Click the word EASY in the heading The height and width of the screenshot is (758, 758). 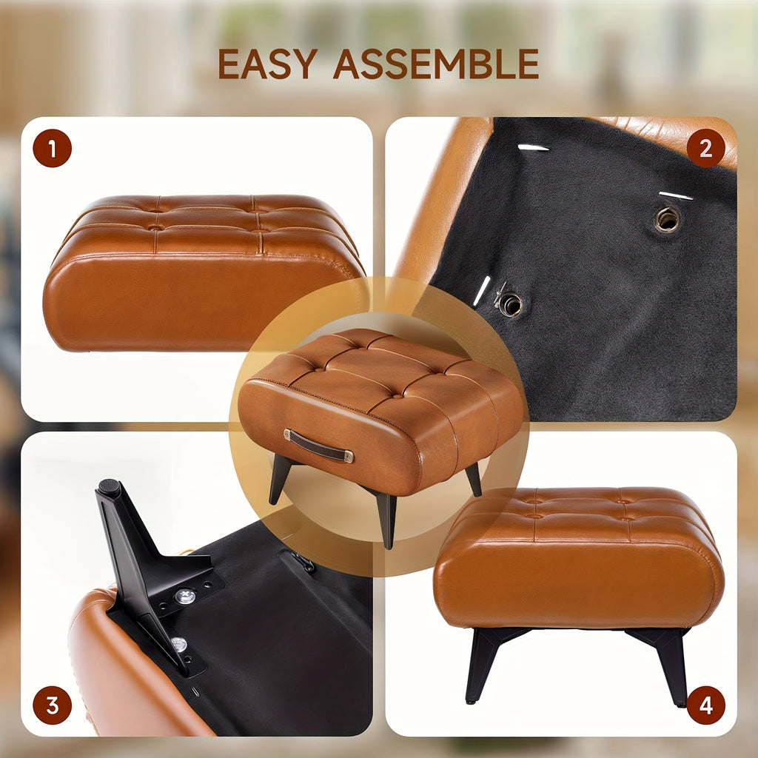click(267, 64)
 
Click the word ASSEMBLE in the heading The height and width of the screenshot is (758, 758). click(436, 64)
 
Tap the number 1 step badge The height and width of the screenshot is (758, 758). click(53, 148)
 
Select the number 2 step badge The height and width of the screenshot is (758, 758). click(705, 148)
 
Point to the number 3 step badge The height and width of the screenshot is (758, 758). click(53, 705)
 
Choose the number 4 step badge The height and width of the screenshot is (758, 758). click(705, 705)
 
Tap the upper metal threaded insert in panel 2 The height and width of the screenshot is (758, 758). click(667, 219)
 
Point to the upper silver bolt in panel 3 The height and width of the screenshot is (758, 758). click(185, 596)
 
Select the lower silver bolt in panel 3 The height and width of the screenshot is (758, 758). click(179, 644)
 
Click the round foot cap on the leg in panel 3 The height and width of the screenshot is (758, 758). click(110, 486)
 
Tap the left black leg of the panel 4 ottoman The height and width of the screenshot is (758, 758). click(483, 663)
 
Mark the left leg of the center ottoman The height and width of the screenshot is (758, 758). click(279, 479)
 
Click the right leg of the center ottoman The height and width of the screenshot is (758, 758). click(474, 479)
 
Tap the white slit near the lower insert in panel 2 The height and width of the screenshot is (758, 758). click(482, 290)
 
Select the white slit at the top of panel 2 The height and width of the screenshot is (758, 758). click(533, 147)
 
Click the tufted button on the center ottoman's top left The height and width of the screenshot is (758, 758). click(317, 370)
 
